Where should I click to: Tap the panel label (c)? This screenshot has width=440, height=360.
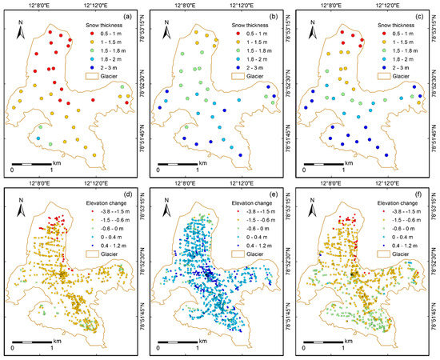(x=419, y=16)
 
